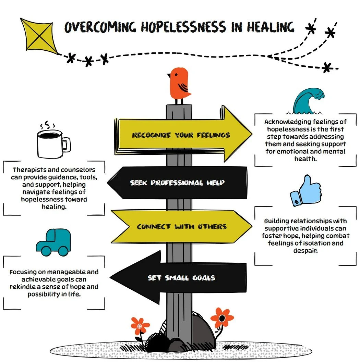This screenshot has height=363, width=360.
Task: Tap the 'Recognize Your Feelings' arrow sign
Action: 182,135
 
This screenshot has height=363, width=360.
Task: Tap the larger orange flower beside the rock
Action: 222,318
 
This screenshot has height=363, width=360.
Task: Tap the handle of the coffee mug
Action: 67,144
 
